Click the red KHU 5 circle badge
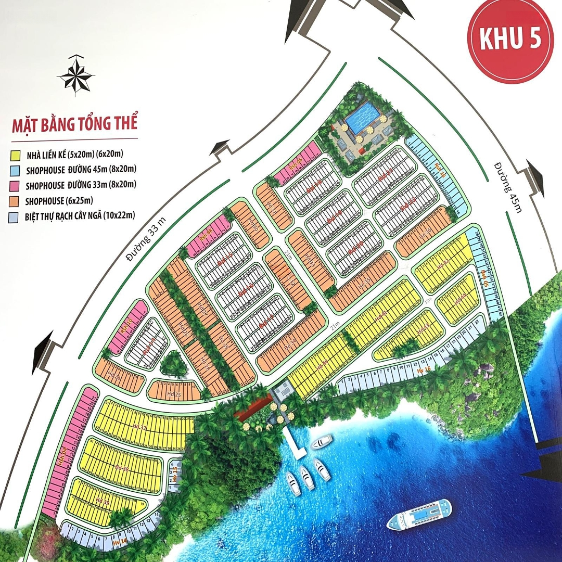click(510, 41)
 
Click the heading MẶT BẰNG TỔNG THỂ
click(74, 125)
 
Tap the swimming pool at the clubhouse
click(362, 117)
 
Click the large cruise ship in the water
click(419, 514)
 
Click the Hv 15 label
click(175, 475)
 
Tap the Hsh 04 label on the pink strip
click(62, 458)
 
